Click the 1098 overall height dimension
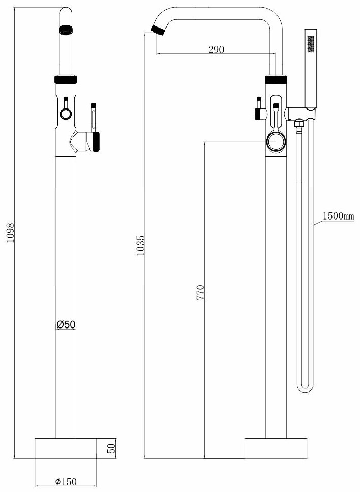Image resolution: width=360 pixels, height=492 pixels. click(x=10, y=233)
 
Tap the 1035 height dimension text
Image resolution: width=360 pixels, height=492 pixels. click(x=141, y=245)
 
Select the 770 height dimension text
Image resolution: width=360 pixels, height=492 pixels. click(x=200, y=292)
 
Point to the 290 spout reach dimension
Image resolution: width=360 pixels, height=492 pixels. click(x=216, y=49)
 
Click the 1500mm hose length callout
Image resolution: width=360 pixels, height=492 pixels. click(x=338, y=216)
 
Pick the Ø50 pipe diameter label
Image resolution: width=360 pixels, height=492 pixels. click(x=66, y=324)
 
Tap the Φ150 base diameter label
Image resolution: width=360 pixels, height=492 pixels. click(x=66, y=481)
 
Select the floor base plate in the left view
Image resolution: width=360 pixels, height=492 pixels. click(x=66, y=448)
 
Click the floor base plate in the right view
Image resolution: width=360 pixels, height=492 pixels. click(x=275, y=448)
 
